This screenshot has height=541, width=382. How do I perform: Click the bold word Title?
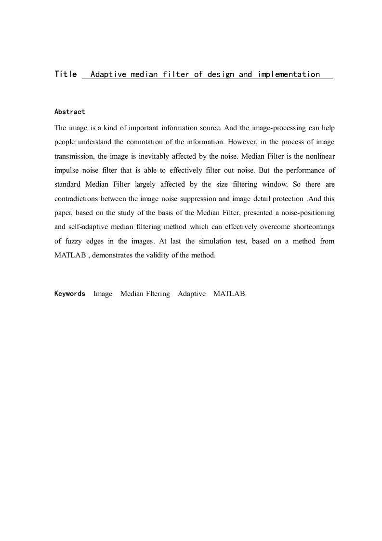66,74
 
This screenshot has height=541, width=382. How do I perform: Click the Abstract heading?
69,112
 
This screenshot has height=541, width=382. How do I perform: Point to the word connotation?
152,142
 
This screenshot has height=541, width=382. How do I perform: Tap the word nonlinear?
318,156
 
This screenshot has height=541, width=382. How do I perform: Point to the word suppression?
198,199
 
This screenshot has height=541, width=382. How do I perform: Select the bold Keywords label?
69,294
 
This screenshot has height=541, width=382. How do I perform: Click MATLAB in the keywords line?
229,294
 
